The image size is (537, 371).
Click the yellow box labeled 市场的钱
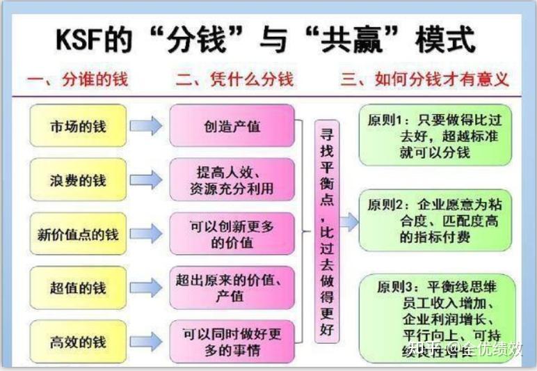(78, 127)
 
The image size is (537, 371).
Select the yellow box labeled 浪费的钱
(78, 180)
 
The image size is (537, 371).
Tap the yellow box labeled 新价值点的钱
(78, 234)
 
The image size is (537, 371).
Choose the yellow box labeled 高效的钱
(78, 342)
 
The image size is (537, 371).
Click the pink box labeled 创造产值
(232, 127)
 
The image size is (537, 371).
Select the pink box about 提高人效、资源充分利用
(232, 180)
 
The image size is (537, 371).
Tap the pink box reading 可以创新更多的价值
(232, 234)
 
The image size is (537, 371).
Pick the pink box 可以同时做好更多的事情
(232, 342)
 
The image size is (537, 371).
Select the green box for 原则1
(435, 136)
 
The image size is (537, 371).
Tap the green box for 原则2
(435, 221)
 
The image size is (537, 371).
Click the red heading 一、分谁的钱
(77, 79)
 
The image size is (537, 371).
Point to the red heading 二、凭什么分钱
(234, 79)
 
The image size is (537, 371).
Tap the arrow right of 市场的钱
(146, 127)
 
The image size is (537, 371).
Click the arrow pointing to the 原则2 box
(348, 222)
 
